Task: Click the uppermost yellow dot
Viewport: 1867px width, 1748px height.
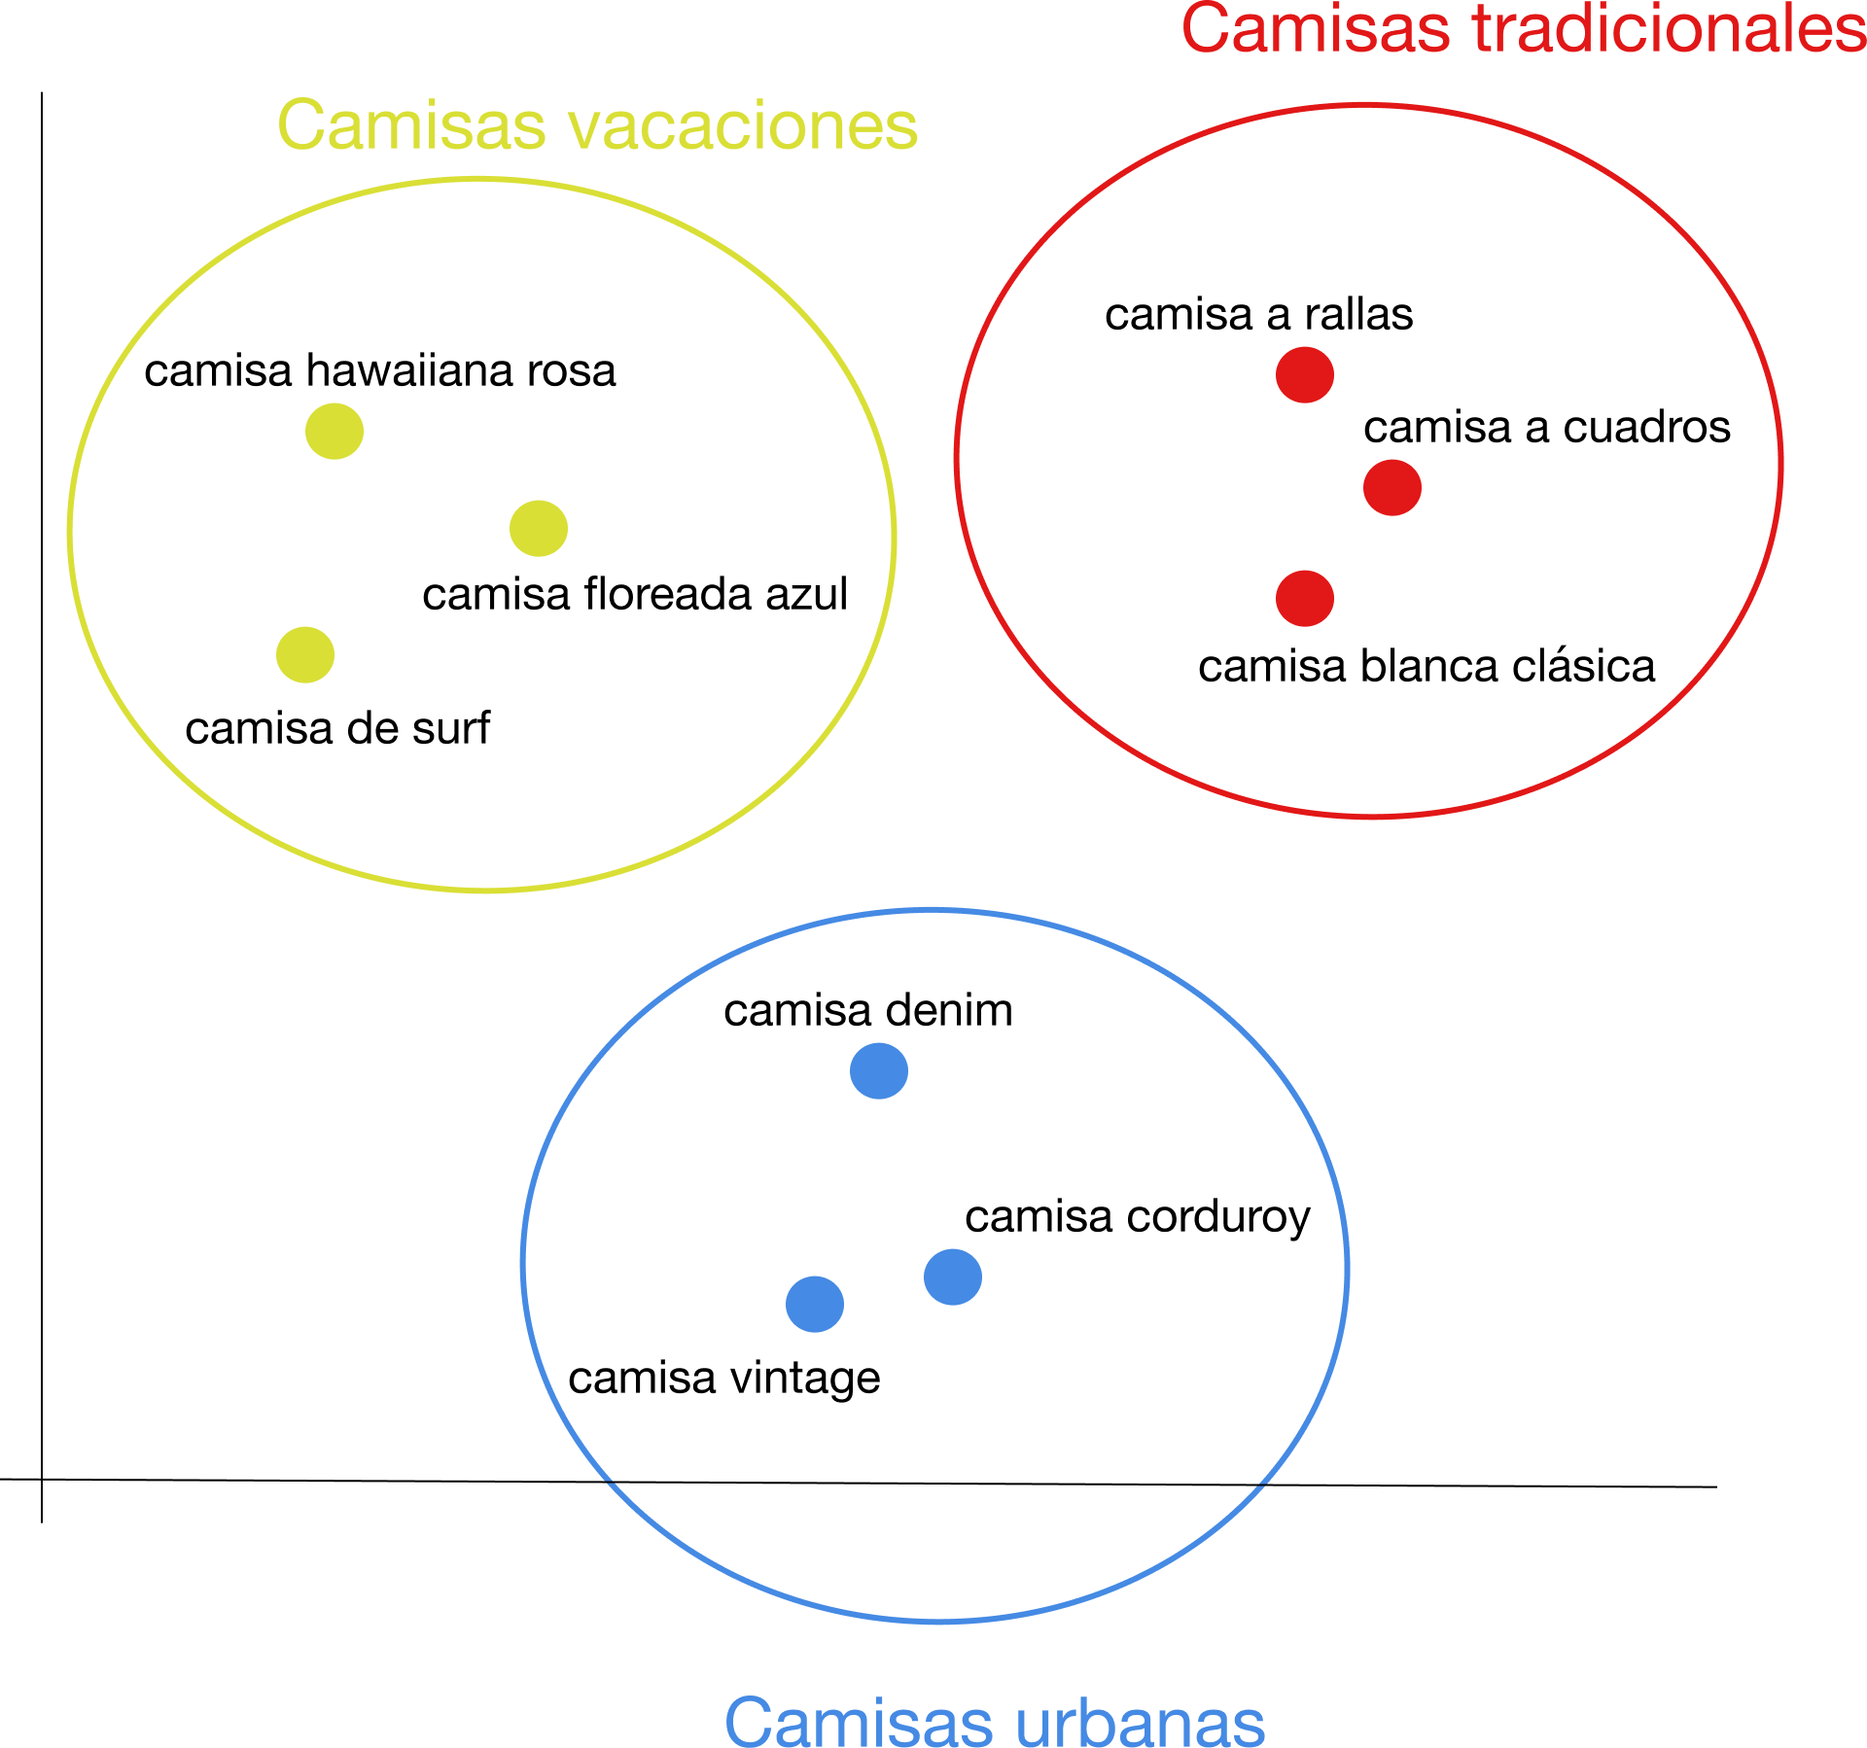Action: click(x=335, y=431)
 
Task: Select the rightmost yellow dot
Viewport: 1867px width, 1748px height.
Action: click(x=539, y=528)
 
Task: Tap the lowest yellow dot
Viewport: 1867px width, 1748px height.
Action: click(x=305, y=654)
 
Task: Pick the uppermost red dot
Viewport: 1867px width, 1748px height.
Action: click(x=1305, y=374)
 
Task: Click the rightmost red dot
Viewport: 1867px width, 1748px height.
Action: click(x=1392, y=487)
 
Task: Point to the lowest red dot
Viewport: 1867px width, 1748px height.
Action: click(x=1305, y=598)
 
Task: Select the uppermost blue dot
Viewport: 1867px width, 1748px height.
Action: click(x=879, y=1070)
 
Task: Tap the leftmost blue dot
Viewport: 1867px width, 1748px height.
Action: click(x=815, y=1304)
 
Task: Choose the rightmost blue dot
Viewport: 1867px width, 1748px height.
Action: click(x=953, y=1276)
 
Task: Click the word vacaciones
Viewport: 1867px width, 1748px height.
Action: click(x=742, y=126)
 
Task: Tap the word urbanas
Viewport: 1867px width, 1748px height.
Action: click(x=1141, y=1723)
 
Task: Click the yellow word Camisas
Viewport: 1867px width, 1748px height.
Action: click(x=411, y=126)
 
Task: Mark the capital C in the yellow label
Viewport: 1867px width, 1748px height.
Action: click(x=301, y=125)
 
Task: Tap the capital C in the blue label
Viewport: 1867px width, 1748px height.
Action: click(x=750, y=1723)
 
